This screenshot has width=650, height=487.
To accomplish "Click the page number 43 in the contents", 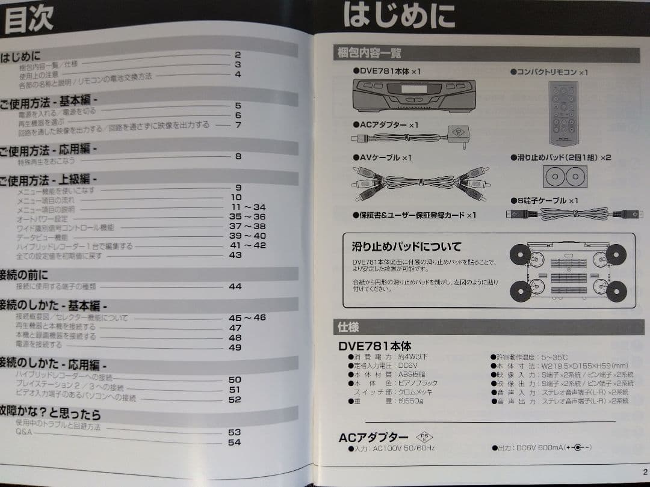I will coord(235,255).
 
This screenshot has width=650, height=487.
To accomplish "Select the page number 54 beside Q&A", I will coord(234,442).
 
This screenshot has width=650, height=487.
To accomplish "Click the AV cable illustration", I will coord(421,182).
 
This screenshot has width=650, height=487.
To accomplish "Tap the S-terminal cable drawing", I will coord(574,213).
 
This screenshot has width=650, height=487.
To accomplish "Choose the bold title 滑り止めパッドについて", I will coord(407,246).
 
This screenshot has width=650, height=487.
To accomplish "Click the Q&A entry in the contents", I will coord(24,432).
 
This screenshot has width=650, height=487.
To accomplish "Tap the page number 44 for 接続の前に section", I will coord(235,286).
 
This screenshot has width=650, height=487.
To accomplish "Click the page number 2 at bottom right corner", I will coord(645,471).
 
